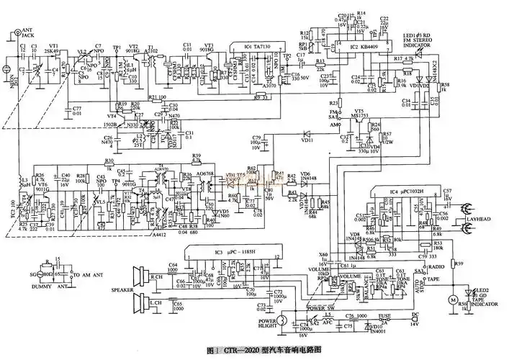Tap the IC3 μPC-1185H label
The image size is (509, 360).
pos(222,250)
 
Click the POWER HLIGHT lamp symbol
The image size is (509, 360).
pos(284,320)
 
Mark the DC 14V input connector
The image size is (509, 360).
pos(415,320)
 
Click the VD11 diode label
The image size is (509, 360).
pos(307,141)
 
